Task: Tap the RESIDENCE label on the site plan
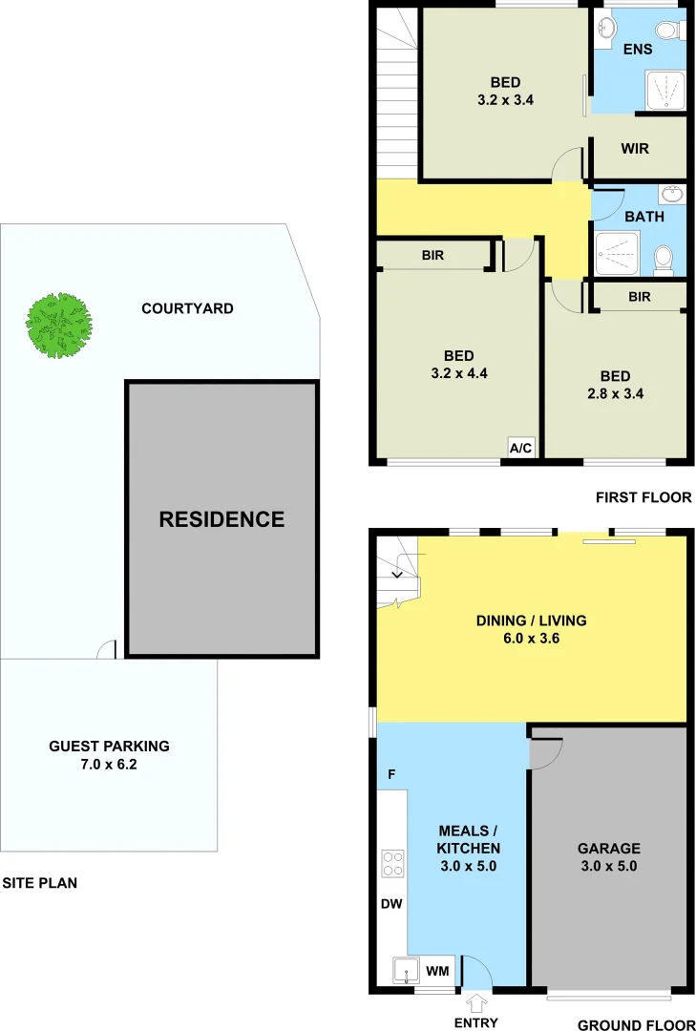pyautogui.click(x=221, y=519)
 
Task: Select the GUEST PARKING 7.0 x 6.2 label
pyautogui.click(x=109, y=755)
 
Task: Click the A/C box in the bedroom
pyautogui.click(x=520, y=448)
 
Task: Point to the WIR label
pyautogui.click(x=635, y=149)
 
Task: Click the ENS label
pyautogui.click(x=637, y=49)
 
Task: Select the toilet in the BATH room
pyautogui.click(x=664, y=258)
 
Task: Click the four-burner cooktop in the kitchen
pyautogui.click(x=392, y=863)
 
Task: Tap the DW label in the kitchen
pyautogui.click(x=390, y=902)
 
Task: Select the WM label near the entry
pyautogui.click(x=437, y=971)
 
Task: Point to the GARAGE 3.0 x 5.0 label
pyautogui.click(x=608, y=857)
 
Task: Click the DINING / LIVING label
pyautogui.click(x=531, y=629)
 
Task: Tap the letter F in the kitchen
pyautogui.click(x=391, y=774)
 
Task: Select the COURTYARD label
pyautogui.click(x=187, y=308)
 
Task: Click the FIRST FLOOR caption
pyautogui.click(x=643, y=497)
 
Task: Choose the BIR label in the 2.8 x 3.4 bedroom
pyautogui.click(x=639, y=297)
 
